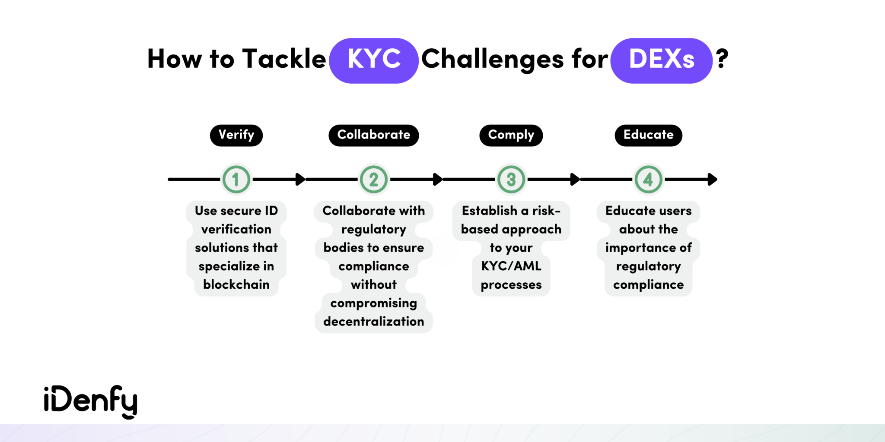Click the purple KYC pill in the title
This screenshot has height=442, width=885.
(x=374, y=60)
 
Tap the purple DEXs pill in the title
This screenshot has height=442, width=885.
(x=661, y=60)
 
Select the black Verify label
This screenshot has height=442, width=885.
(x=236, y=135)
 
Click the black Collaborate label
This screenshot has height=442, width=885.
(x=374, y=135)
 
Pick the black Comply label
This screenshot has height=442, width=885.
(x=511, y=135)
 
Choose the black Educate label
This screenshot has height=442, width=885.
(x=648, y=135)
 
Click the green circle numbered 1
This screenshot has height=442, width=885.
(x=236, y=179)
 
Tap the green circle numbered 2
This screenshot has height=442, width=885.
(x=374, y=179)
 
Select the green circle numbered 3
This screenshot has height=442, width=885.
(x=511, y=179)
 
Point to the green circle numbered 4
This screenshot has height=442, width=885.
(x=648, y=179)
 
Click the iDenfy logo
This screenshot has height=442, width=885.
(x=91, y=401)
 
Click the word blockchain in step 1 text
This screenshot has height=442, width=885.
(x=236, y=285)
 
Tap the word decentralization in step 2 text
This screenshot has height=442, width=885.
(x=374, y=322)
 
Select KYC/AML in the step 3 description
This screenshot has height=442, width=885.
(x=511, y=266)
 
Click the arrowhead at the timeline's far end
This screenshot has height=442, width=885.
(x=713, y=179)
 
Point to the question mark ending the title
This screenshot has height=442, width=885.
(x=722, y=59)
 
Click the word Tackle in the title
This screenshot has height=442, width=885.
(x=284, y=59)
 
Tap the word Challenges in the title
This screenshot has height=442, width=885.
(x=493, y=59)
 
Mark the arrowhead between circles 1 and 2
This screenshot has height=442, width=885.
(x=300, y=179)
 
